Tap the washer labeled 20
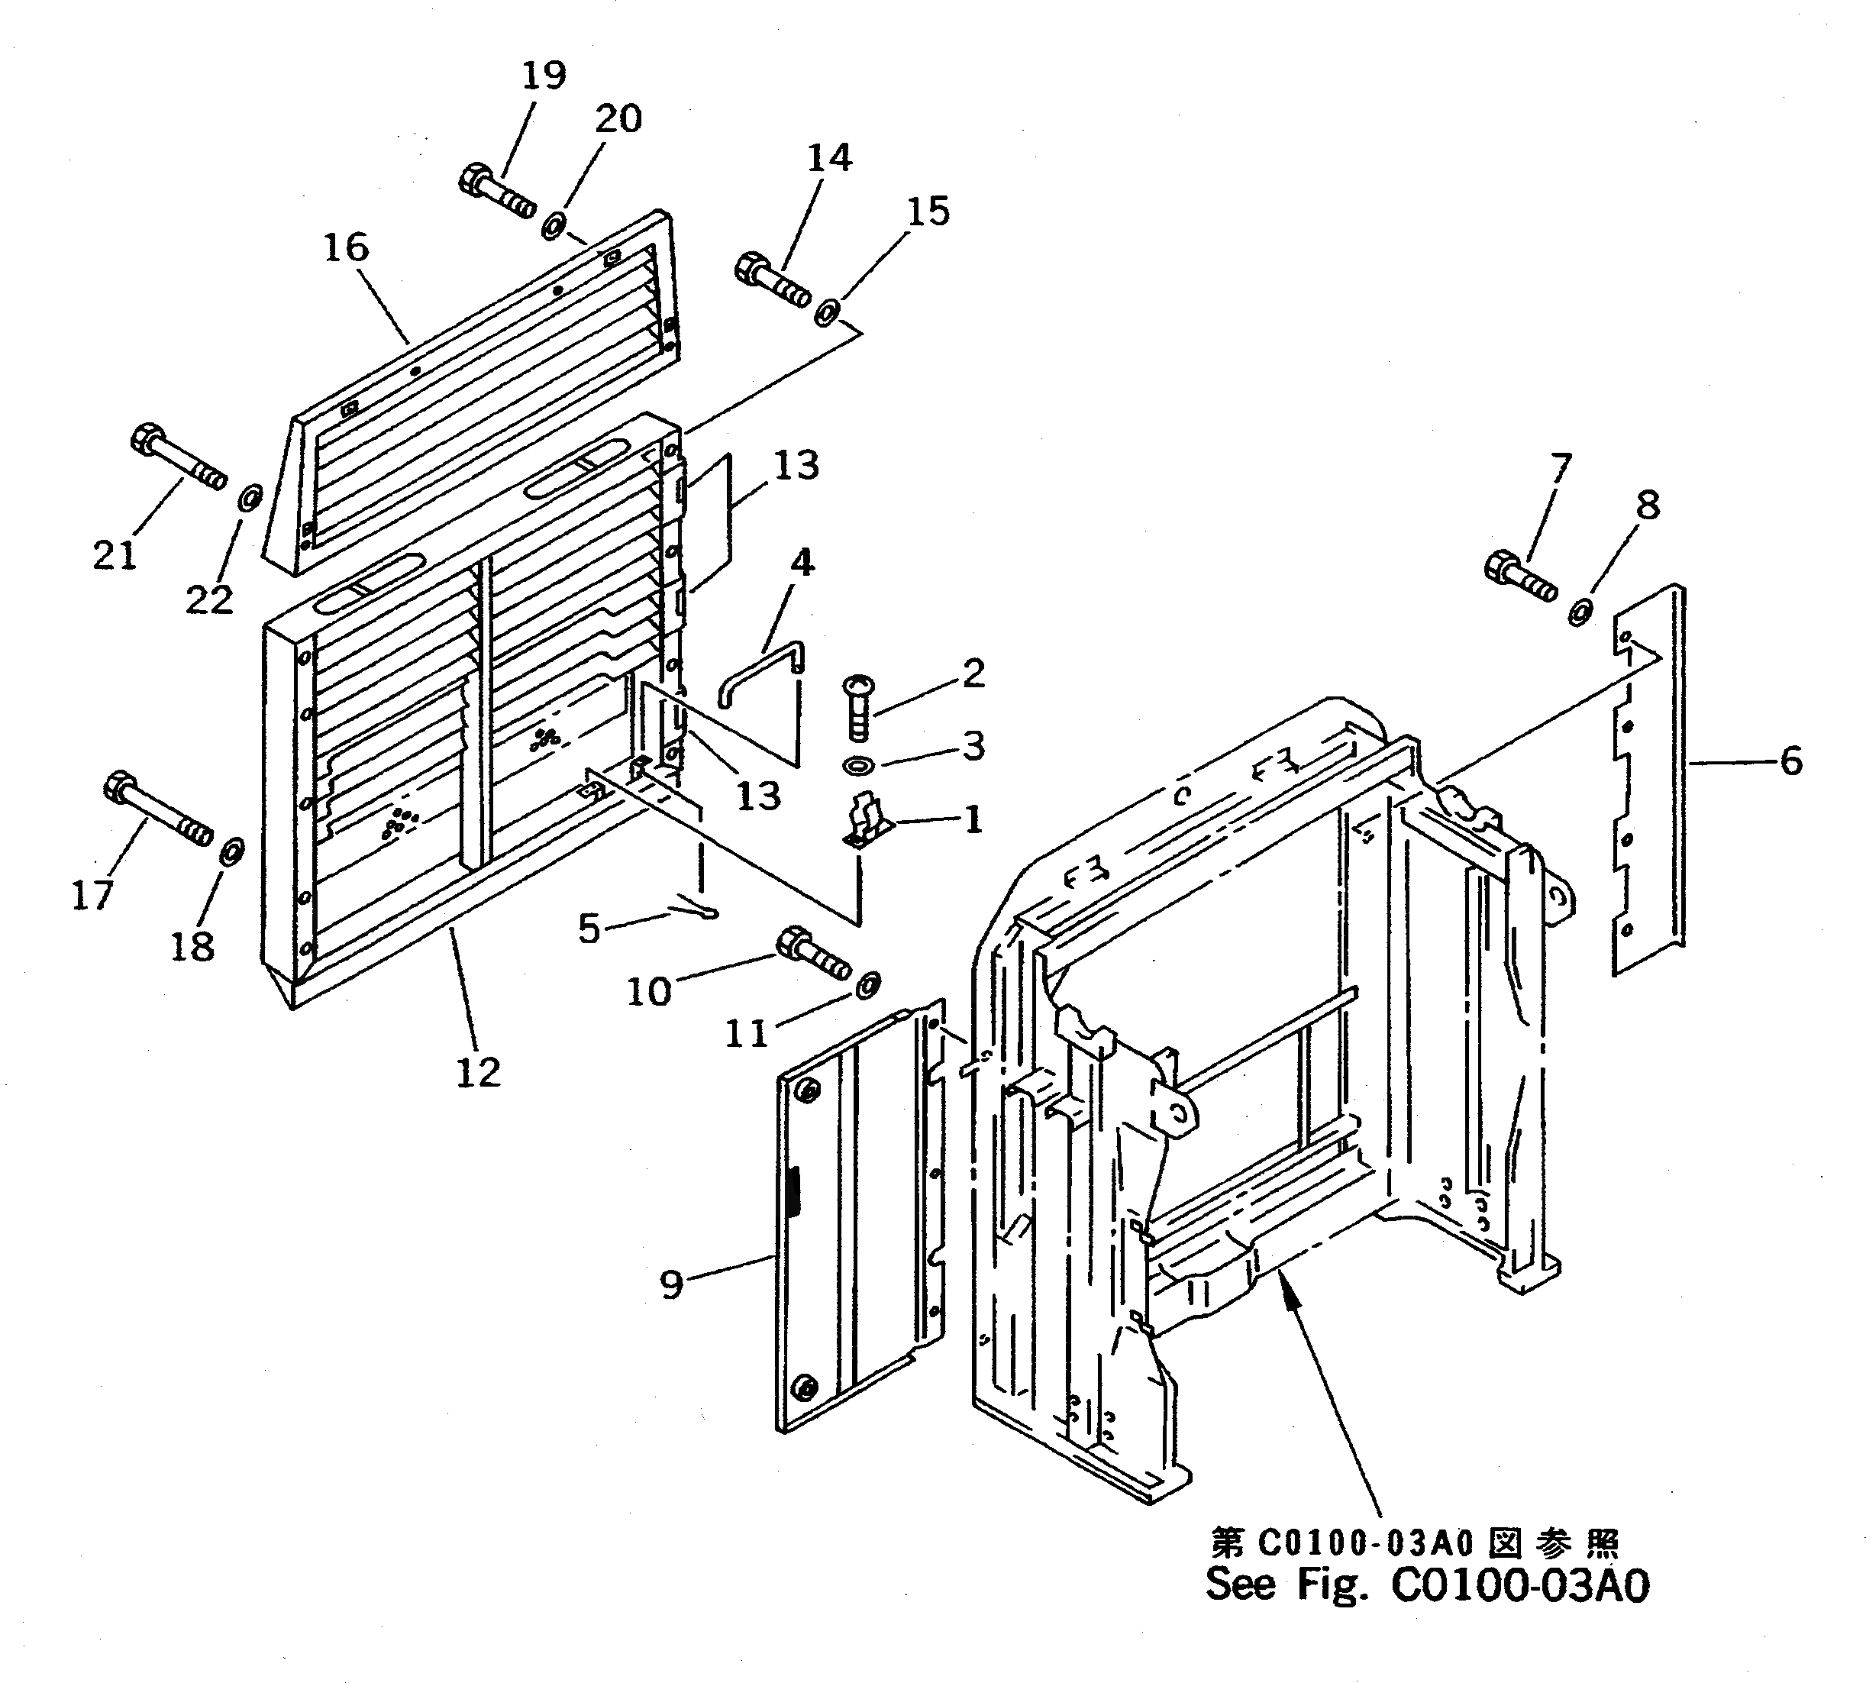click(554, 225)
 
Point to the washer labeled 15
click(826, 312)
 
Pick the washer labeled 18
click(231, 850)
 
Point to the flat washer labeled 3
click(860, 766)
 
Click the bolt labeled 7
click(1520, 576)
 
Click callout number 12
click(478, 1072)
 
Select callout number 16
click(346, 248)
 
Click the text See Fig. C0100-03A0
click(1427, 1583)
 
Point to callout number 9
click(672, 1284)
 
